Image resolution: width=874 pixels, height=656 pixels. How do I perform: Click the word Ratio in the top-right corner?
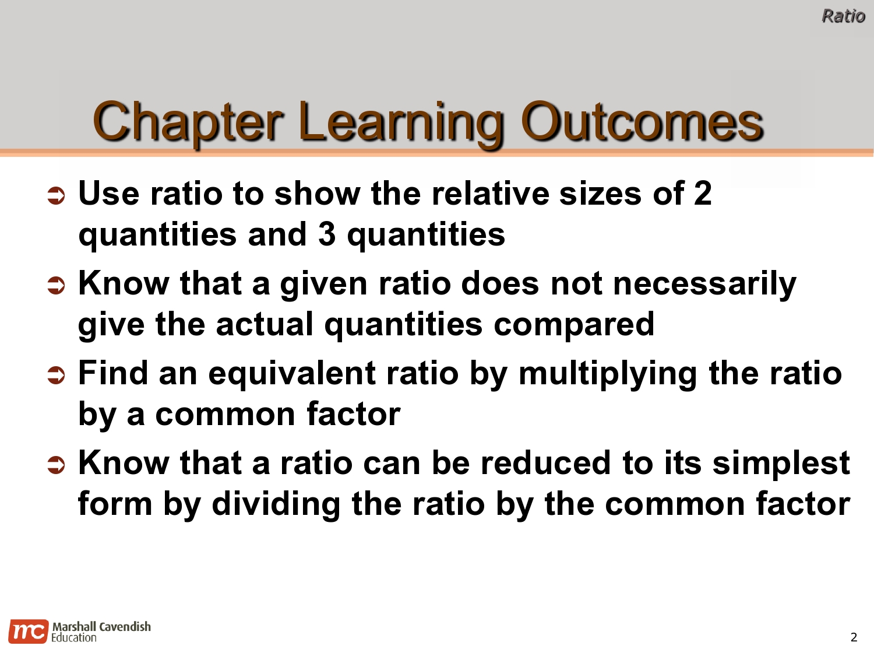tap(843, 16)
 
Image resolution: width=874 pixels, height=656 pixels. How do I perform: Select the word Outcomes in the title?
tap(642, 122)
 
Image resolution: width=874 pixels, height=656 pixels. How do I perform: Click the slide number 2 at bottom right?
tap(854, 637)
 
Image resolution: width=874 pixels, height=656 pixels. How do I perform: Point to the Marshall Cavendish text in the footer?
tap(101, 626)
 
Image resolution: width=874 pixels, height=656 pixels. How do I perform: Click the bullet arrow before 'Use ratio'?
tap(56, 197)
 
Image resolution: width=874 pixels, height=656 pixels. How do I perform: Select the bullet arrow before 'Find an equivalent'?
tap(56, 376)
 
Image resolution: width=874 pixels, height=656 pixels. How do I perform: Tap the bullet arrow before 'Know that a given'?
tap(56, 286)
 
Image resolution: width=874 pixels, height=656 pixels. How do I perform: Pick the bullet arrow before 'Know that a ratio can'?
tap(56, 466)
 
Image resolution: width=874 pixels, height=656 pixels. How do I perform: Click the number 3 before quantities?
tap(327, 234)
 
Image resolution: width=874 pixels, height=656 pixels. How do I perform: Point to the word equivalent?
tap(292, 374)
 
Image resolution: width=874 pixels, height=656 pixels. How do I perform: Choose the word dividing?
tap(276, 504)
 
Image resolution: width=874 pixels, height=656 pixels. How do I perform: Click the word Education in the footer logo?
tap(74, 638)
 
